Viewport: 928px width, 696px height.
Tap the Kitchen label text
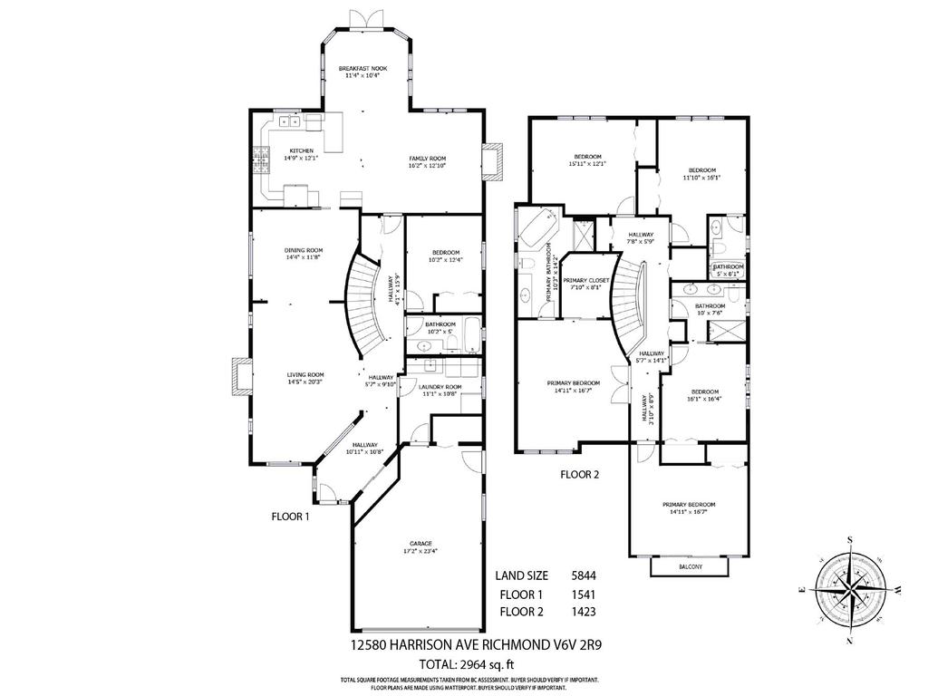point(302,154)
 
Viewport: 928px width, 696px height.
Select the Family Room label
point(427,162)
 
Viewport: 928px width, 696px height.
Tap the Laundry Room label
point(440,391)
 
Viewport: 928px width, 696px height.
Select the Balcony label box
point(690,567)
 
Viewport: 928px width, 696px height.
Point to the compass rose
point(850,590)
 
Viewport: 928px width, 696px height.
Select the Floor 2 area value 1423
point(584,612)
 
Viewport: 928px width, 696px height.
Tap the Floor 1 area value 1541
point(584,594)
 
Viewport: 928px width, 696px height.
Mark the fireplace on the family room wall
point(493,161)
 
